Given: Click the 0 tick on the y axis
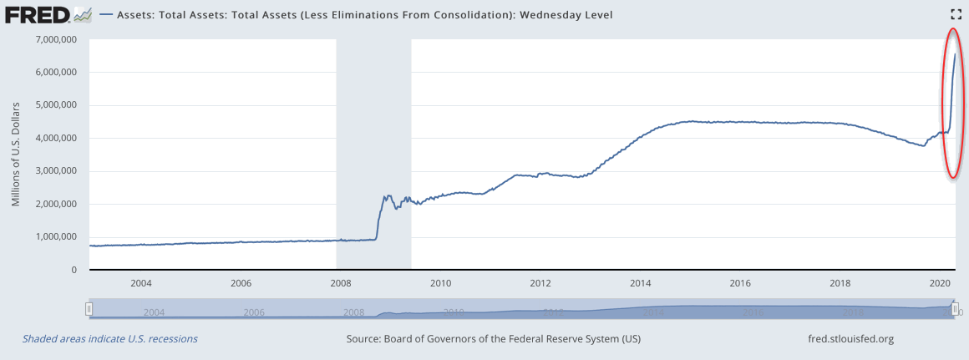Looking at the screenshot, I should click(x=74, y=270).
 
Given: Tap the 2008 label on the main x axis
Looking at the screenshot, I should click(x=340, y=284).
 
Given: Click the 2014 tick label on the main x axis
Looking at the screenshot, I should click(x=641, y=284).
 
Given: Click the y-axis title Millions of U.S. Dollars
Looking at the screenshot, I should click(x=16, y=155).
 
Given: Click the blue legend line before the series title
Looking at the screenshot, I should click(x=106, y=15).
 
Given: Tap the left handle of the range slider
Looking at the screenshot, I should click(x=89, y=310).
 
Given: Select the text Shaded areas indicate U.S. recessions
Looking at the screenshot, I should click(x=109, y=339).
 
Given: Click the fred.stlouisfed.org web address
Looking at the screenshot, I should click(x=846, y=339).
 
